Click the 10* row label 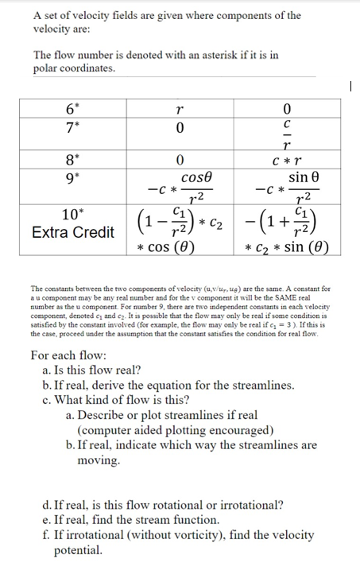click(73, 215)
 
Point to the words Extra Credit click(73, 233)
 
